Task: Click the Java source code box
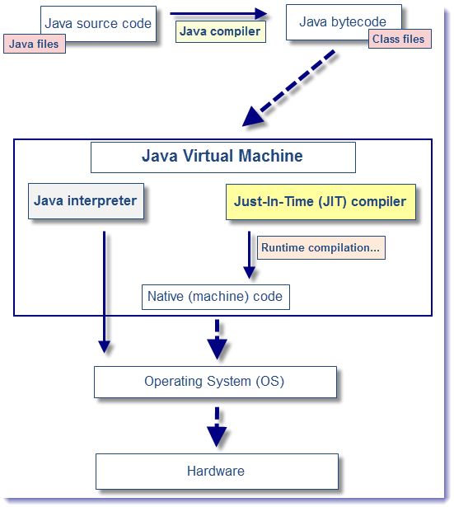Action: (x=97, y=22)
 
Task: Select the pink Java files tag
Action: (x=34, y=44)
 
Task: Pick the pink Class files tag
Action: (x=399, y=39)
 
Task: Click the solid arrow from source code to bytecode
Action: (x=218, y=13)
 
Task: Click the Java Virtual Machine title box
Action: (x=222, y=157)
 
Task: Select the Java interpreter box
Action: (x=86, y=200)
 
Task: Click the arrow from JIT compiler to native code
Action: (x=248, y=256)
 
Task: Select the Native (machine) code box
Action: (x=215, y=297)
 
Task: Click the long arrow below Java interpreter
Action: (x=104, y=289)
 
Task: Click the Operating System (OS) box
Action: (x=215, y=382)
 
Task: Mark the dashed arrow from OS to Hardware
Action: (x=217, y=426)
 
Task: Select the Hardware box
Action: (x=216, y=471)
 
